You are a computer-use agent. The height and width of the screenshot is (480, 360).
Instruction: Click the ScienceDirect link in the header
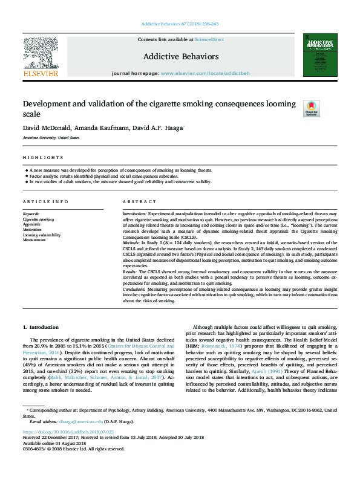click(x=209, y=39)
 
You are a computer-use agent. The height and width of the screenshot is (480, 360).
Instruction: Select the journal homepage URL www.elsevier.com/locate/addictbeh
click(x=205, y=73)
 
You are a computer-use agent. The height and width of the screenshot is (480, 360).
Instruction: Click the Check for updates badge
click(x=327, y=108)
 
